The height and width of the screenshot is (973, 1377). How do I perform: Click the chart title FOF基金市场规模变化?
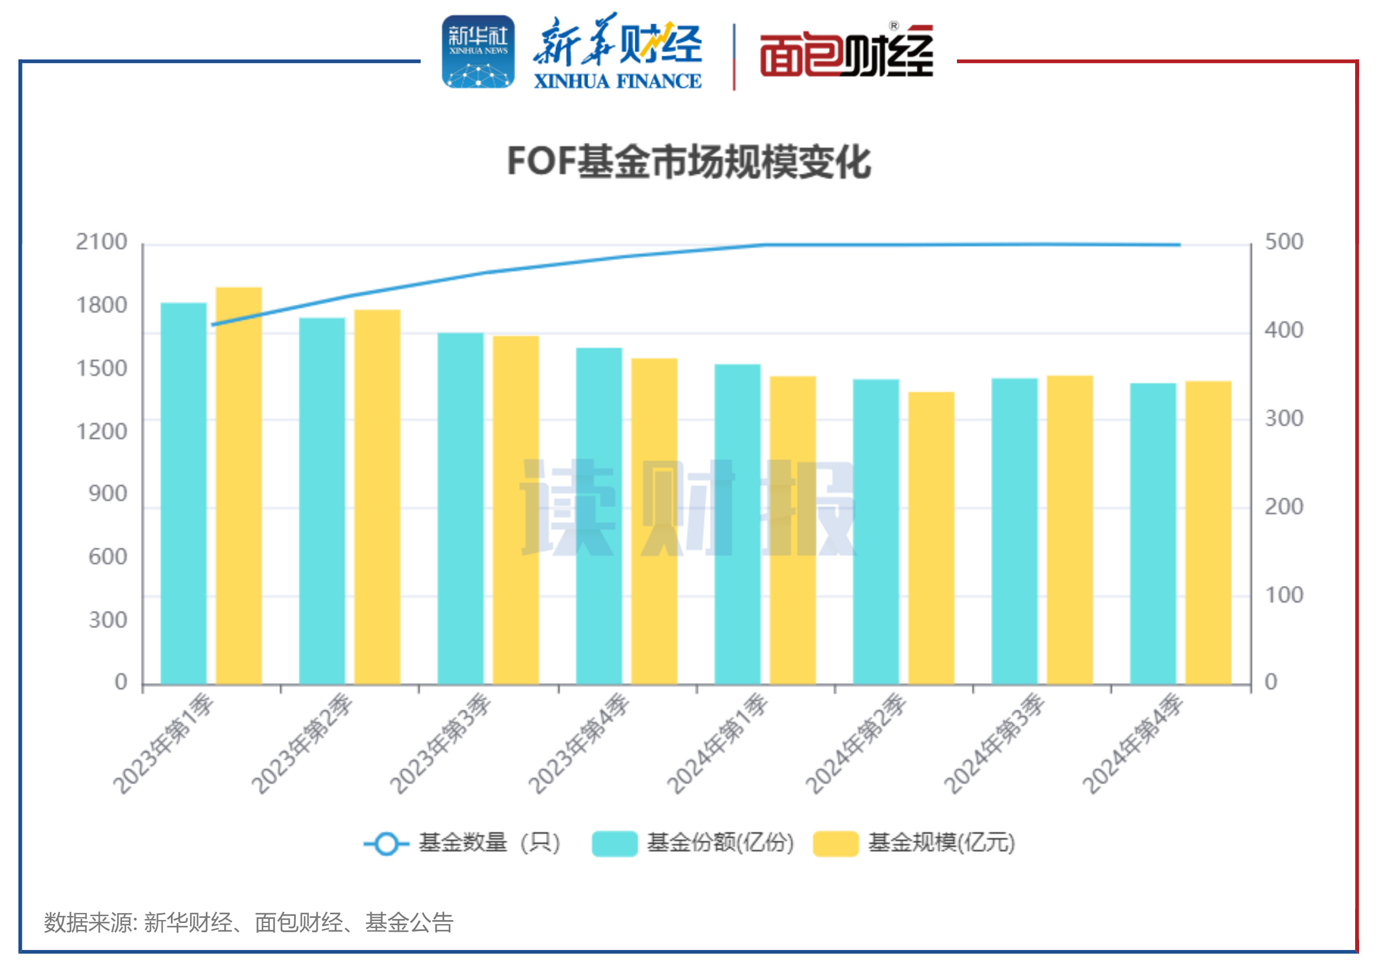click(688, 162)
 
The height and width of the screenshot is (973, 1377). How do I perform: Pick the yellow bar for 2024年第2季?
click(931, 538)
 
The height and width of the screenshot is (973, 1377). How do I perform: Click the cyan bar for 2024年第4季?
click(1153, 534)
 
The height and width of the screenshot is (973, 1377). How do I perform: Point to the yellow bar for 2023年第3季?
click(516, 510)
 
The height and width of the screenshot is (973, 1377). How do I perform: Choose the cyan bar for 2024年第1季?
click(737, 524)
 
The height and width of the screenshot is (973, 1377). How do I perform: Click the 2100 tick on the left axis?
click(101, 242)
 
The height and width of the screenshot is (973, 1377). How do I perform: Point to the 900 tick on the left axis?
click(108, 494)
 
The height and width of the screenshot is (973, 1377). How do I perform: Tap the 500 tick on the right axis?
click(1283, 242)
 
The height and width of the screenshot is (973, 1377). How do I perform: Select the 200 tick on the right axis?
click(1283, 507)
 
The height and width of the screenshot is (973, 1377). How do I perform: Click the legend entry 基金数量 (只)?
click(462, 843)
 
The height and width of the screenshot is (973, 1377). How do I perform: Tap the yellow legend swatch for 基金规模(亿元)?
click(836, 844)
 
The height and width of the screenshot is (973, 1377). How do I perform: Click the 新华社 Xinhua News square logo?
click(478, 52)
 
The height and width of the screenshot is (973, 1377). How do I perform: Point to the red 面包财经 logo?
click(846, 53)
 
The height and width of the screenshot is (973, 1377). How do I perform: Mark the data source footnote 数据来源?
click(248, 922)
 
